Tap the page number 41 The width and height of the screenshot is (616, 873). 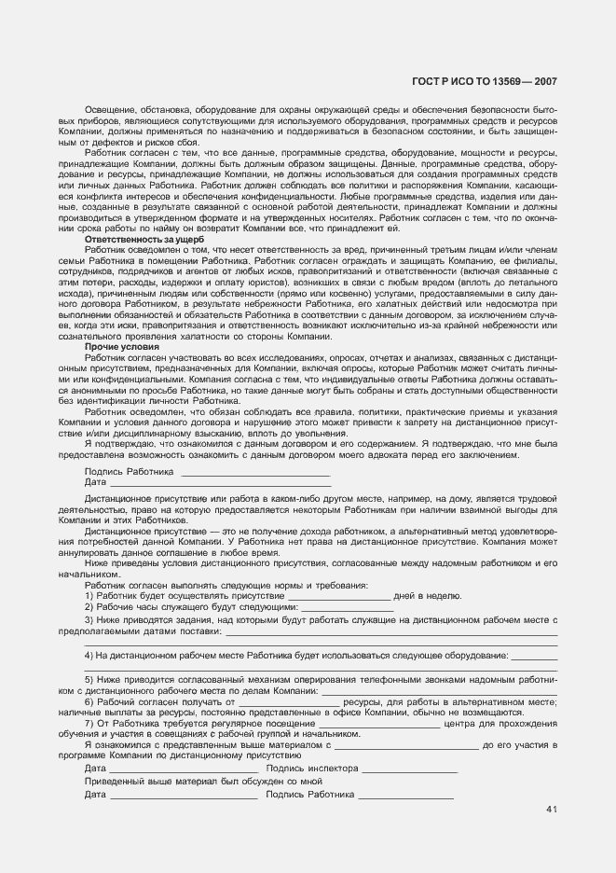click(552, 809)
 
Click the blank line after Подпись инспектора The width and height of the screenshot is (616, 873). click(409, 770)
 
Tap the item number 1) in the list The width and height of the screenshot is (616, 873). click(89, 595)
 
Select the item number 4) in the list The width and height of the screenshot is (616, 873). click(89, 656)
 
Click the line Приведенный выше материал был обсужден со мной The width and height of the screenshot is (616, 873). click(202, 782)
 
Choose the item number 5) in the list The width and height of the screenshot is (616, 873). click(89, 680)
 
